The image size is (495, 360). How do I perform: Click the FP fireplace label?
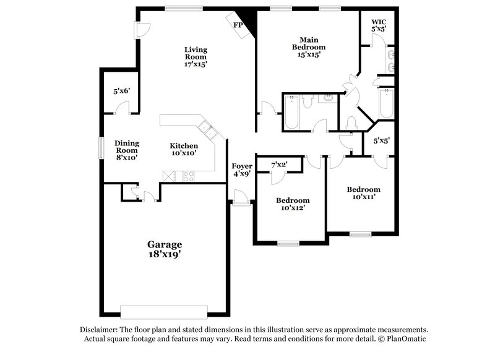point(238,25)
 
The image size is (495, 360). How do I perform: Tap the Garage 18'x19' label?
point(164,249)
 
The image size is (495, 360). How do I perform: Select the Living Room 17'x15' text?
point(196,56)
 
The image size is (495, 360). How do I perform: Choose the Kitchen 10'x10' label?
point(184,150)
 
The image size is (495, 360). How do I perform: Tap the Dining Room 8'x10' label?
point(126,150)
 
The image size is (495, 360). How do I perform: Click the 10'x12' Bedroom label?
point(293,204)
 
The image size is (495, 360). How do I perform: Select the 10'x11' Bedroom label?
point(363,193)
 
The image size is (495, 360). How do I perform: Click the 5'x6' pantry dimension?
point(122,91)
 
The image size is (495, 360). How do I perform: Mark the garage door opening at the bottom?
point(164,311)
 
